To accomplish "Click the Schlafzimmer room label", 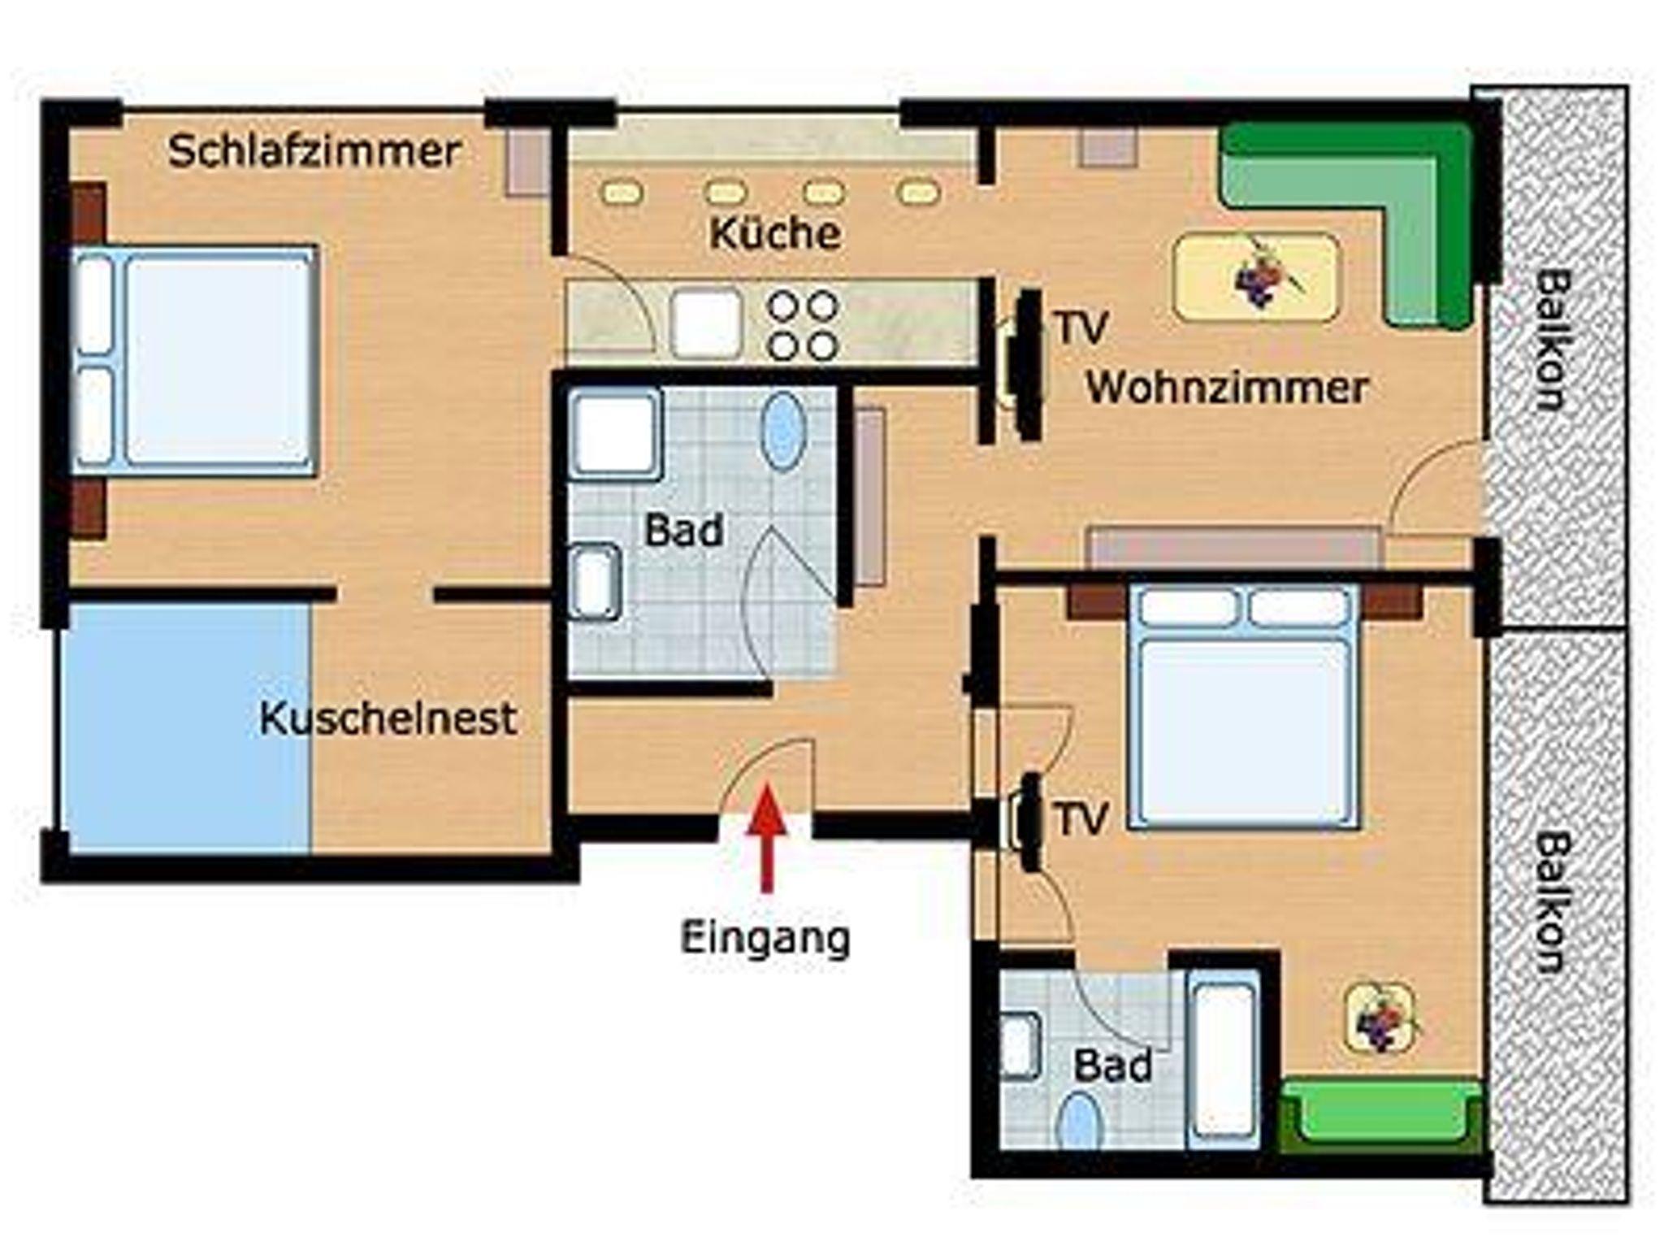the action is pyautogui.click(x=314, y=152).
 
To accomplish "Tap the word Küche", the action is pyautogui.click(x=775, y=234).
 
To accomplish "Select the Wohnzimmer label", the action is pyautogui.click(x=1227, y=388).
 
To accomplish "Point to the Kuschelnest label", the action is pyautogui.click(x=388, y=718).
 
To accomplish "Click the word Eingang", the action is pyautogui.click(x=765, y=939).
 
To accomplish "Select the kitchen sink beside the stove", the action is pyautogui.click(x=705, y=324).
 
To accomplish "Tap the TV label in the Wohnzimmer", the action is pyautogui.click(x=1081, y=328).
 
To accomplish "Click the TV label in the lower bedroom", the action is pyautogui.click(x=1081, y=819).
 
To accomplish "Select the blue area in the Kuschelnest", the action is pyautogui.click(x=186, y=727).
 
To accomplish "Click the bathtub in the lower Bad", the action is pyautogui.click(x=1223, y=1060).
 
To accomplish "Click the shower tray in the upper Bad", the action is pyautogui.click(x=615, y=434).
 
